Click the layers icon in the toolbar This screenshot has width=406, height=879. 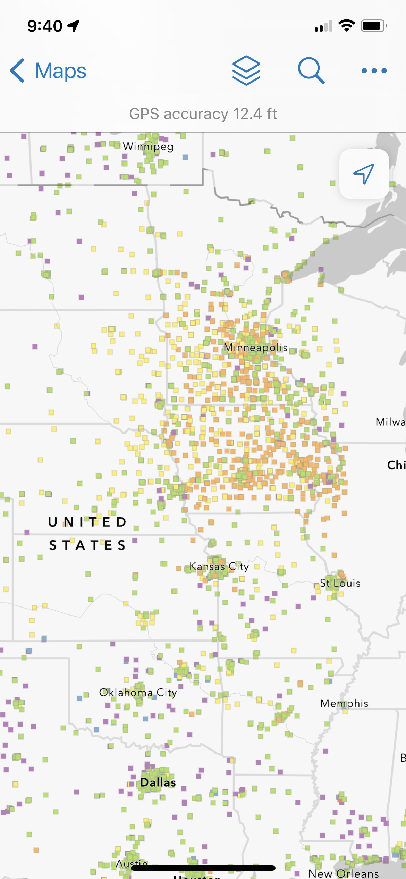[246, 70]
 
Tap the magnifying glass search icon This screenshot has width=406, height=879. [311, 70]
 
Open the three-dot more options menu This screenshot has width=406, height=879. [374, 71]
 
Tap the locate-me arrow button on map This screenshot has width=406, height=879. [364, 174]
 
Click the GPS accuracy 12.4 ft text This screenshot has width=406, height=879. [203, 114]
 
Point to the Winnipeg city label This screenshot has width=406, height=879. [148, 146]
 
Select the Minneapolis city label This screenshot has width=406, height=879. [255, 348]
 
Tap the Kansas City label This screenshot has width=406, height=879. [219, 567]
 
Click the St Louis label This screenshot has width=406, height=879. [340, 583]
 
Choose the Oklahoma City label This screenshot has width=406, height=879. [138, 693]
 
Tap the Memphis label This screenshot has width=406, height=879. [344, 703]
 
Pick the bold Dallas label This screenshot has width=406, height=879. [158, 782]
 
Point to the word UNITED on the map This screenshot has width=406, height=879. [87, 522]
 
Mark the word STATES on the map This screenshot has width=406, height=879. [87, 545]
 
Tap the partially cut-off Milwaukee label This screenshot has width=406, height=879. [390, 422]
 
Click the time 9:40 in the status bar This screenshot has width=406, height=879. [45, 26]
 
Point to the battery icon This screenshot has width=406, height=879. [373, 26]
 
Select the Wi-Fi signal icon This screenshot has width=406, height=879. [346, 26]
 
